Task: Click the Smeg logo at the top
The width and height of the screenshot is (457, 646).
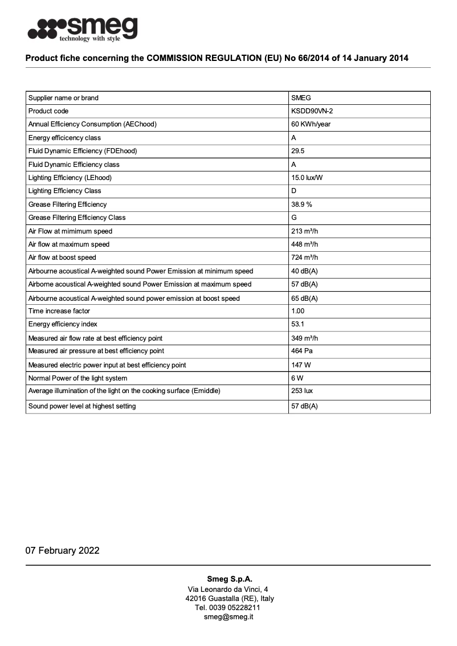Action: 83,29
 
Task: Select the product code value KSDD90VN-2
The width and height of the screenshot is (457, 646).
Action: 312,111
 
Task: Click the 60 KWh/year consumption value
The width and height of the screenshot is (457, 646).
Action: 311,124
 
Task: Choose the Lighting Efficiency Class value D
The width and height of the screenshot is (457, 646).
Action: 293,191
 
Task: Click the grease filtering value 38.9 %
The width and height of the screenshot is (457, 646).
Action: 301,205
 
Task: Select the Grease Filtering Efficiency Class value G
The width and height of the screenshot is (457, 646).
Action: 294,218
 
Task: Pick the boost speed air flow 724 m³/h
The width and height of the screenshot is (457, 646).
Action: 304,257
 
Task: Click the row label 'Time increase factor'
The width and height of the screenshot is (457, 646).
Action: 59,311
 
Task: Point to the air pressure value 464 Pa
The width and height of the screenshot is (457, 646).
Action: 301,351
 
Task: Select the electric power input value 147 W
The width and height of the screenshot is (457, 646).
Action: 301,365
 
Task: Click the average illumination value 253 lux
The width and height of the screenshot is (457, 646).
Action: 302,391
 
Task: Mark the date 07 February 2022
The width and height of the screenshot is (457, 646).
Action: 63,550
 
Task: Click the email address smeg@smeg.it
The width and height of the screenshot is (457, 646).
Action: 228,617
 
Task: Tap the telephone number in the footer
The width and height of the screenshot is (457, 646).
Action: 228,608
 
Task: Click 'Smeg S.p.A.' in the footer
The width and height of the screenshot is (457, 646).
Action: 228,579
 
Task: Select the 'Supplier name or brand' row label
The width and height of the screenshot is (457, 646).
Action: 63,98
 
